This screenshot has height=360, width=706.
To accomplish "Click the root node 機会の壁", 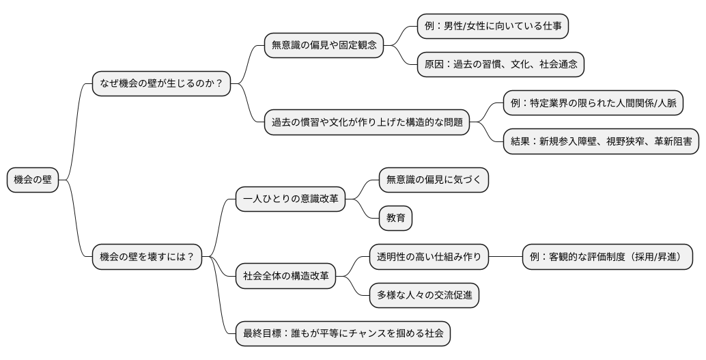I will tap(33, 180).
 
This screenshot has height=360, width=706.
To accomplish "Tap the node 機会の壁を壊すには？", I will tap(147, 257).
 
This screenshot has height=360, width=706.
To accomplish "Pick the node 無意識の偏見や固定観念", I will tap(324, 46).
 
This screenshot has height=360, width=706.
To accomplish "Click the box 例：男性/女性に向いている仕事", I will tap(493, 27).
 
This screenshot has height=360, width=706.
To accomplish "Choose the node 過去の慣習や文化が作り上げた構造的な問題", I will tap(367, 123).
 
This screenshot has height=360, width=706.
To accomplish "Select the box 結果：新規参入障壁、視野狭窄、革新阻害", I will tap(601, 141).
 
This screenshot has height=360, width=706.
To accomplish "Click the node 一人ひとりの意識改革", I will tap(290, 199).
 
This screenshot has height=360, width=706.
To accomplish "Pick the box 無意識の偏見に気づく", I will tap(434, 180).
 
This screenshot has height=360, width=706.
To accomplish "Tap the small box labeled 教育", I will tap(396, 218).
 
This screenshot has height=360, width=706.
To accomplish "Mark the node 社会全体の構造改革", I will tap(285, 276).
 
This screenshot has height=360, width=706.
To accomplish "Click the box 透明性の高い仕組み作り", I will tap(429, 257).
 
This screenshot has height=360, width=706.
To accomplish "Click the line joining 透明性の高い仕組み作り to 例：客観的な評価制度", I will tap(506, 257).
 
